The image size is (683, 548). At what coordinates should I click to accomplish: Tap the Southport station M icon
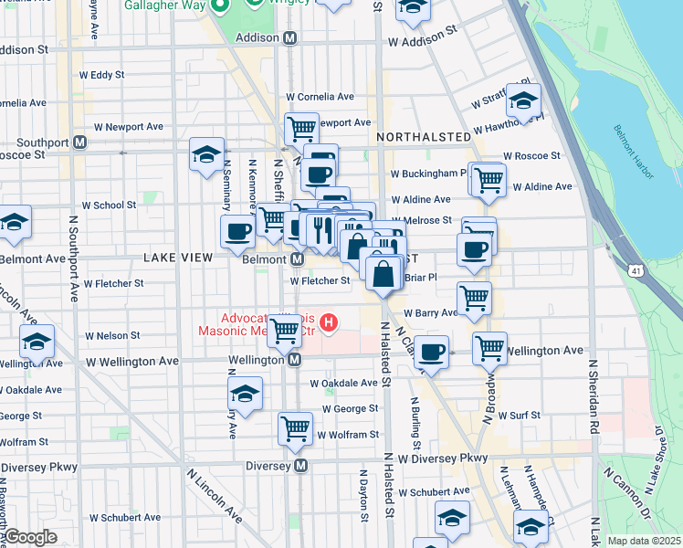click(80, 142)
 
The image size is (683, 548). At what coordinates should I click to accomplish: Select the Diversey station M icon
click(301, 465)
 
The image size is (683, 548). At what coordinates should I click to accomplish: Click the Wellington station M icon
click(295, 360)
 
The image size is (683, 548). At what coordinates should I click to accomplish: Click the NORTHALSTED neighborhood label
click(421, 136)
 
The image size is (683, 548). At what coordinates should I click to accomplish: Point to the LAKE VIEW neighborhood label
click(178, 258)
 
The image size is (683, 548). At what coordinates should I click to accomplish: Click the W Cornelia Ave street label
click(320, 96)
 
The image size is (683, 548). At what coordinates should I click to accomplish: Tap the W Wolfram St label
click(348, 435)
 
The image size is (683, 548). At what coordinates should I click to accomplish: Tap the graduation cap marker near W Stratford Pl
click(523, 100)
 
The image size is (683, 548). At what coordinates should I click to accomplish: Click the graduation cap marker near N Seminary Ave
click(207, 153)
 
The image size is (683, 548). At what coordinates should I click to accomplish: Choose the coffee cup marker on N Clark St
click(432, 351)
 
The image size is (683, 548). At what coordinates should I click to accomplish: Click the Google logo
click(30, 538)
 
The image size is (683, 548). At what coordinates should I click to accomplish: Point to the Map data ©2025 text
click(644, 541)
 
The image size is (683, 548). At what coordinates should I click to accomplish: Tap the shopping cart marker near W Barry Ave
click(474, 298)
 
